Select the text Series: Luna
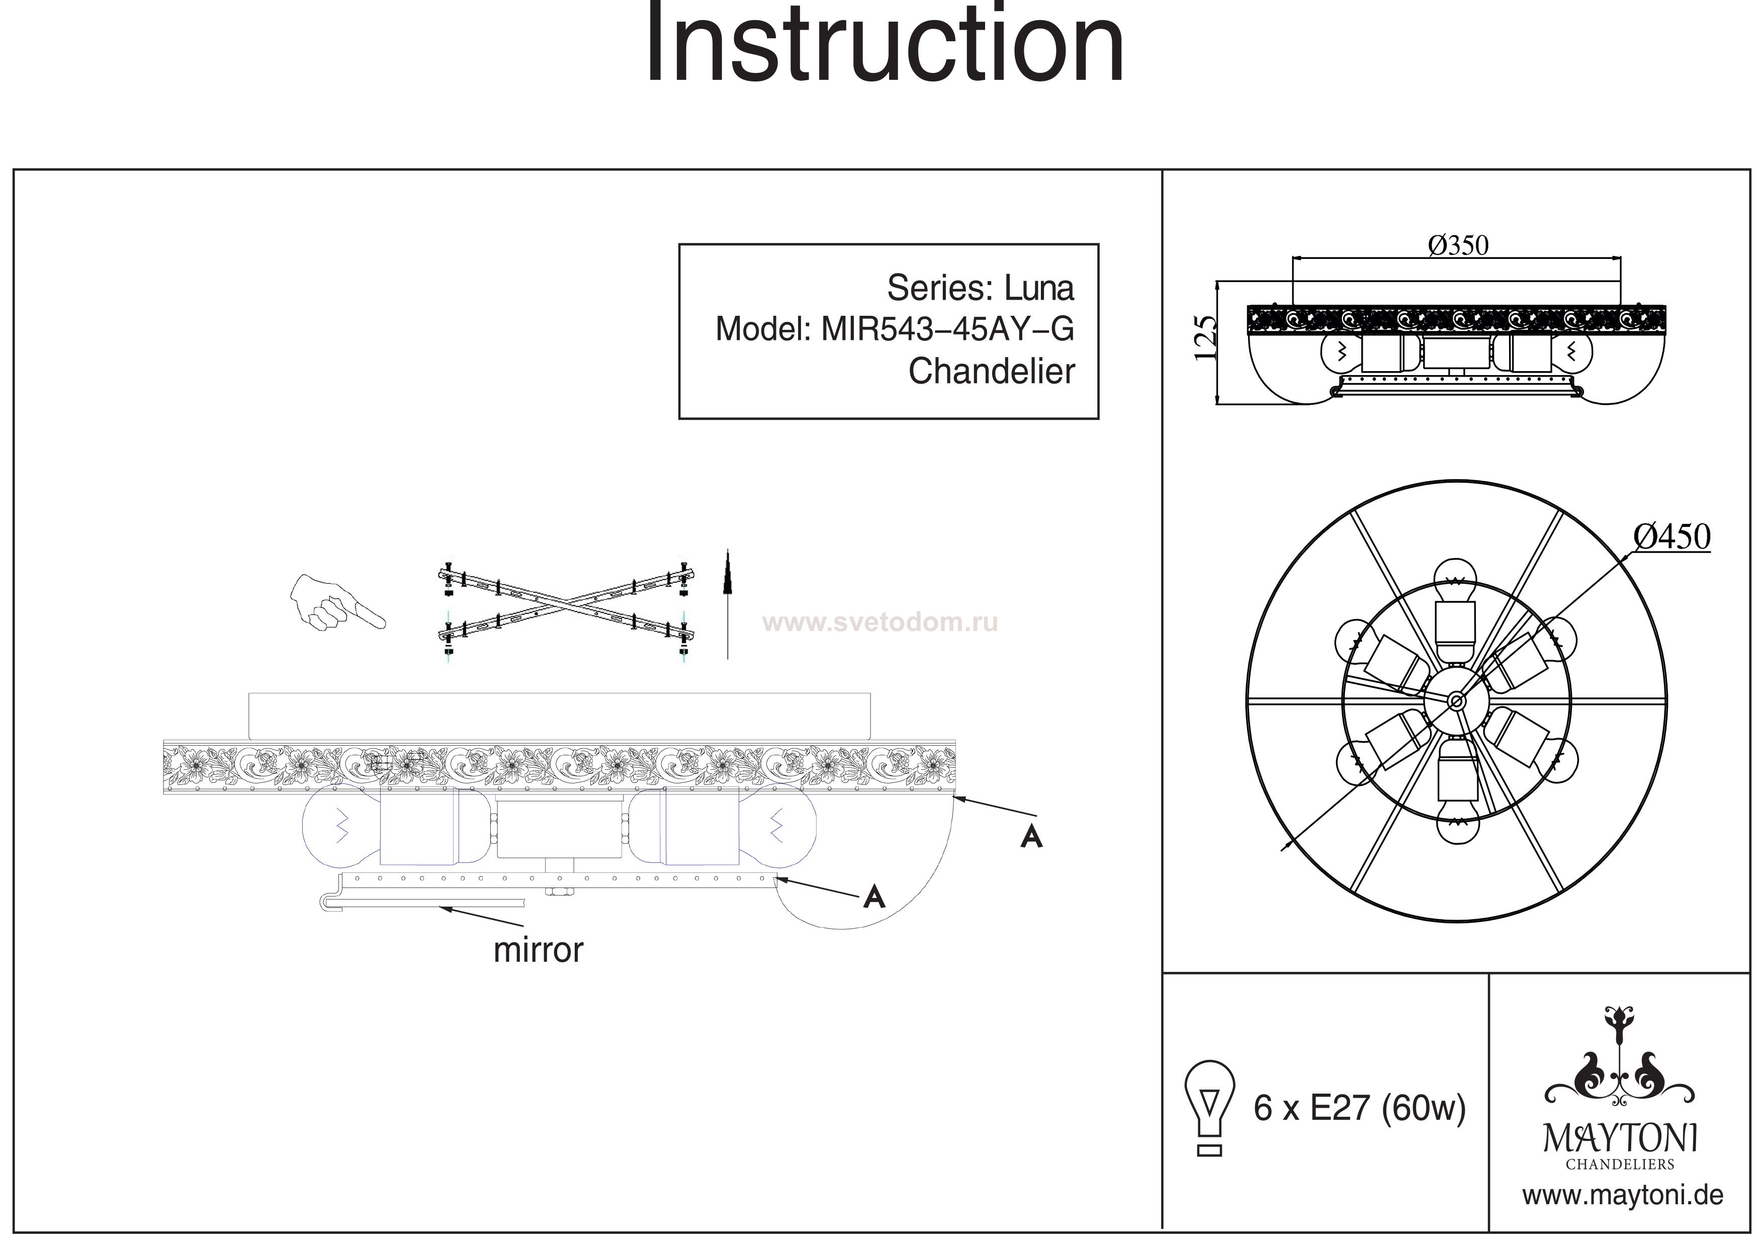[981, 288]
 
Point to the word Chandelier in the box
[991, 372]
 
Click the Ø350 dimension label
[1457, 246]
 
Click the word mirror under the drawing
[538, 950]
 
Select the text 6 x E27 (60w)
[1360, 1107]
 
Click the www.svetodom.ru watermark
[879, 622]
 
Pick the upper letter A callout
[1031, 837]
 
